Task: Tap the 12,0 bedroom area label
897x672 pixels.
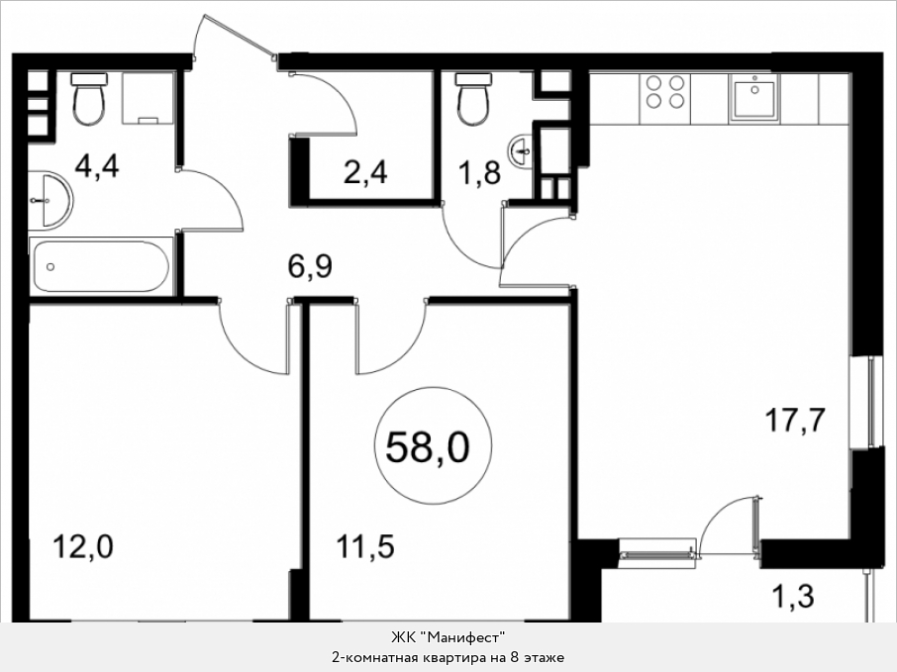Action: (83, 546)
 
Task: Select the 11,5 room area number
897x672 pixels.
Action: (365, 546)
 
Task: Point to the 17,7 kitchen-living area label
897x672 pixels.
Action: (795, 421)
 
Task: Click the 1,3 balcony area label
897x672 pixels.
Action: (793, 596)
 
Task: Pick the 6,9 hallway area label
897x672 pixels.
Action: (310, 266)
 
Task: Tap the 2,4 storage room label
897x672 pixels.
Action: (365, 171)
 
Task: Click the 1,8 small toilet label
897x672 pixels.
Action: (479, 171)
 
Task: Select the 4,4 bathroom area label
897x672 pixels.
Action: (97, 166)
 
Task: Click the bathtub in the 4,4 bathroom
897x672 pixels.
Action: (101, 266)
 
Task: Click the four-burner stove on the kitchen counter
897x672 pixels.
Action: (664, 92)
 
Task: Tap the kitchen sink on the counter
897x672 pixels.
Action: (754, 98)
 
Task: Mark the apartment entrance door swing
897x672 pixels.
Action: (235, 36)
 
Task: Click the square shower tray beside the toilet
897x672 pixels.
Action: (147, 98)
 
